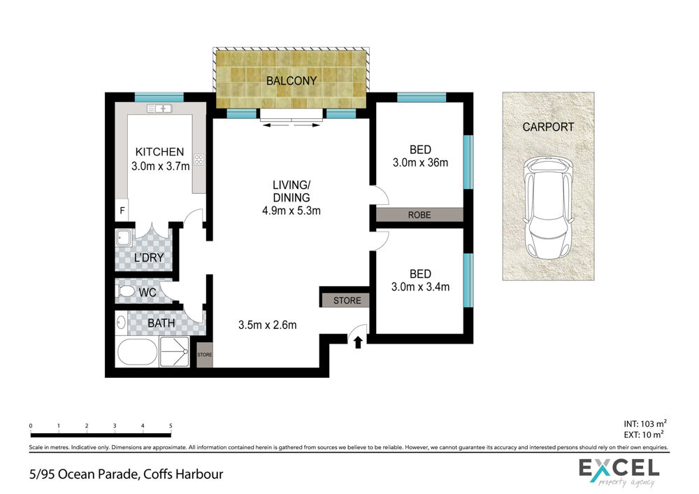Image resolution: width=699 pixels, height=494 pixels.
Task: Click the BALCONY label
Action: (x=291, y=80)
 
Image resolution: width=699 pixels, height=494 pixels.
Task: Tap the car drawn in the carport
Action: (x=548, y=208)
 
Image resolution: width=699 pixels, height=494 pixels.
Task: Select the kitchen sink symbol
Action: (x=159, y=108)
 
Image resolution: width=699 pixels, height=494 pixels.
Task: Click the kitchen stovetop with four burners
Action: (x=199, y=160)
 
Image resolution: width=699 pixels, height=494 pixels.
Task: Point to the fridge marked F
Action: (x=122, y=211)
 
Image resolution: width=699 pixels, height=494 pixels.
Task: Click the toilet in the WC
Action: (x=125, y=292)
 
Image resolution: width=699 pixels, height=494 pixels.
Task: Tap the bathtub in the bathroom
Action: (x=137, y=352)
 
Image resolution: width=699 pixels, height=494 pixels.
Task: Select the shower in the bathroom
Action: (x=175, y=352)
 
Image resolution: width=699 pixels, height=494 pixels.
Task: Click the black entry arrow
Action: (x=357, y=342)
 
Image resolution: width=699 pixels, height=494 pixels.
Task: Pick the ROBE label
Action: (x=419, y=215)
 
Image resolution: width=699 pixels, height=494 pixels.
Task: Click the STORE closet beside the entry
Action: (x=347, y=300)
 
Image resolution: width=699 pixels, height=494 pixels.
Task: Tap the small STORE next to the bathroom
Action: (x=205, y=355)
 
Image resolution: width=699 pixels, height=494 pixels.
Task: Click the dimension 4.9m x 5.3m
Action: (x=291, y=211)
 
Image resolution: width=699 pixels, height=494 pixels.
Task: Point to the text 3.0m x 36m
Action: (x=420, y=162)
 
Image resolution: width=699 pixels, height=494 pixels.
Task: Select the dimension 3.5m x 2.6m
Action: (x=268, y=325)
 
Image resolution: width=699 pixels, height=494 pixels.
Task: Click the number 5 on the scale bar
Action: (x=171, y=425)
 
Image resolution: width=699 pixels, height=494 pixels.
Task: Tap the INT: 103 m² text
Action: (x=645, y=424)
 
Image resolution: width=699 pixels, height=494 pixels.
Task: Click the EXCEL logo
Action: (x=619, y=472)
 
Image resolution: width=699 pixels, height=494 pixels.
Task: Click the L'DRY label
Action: (x=149, y=257)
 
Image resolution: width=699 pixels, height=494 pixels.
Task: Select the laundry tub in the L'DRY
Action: (x=124, y=238)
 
